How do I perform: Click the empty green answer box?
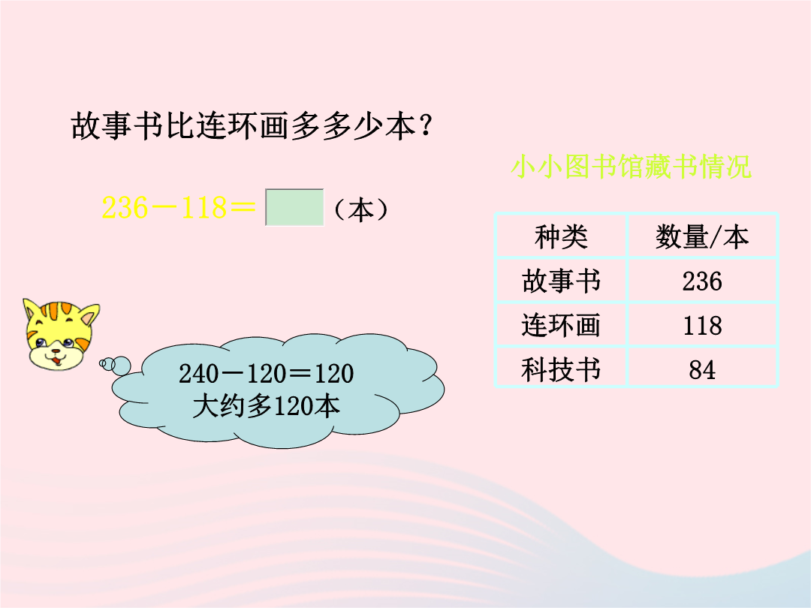[x=294, y=207]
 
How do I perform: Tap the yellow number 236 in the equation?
[x=125, y=208]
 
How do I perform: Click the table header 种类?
[x=561, y=236]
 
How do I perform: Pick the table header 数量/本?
[x=702, y=236]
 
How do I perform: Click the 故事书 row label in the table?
[x=561, y=281]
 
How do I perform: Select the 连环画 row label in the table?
[x=561, y=325]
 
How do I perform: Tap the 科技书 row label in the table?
[x=561, y=369]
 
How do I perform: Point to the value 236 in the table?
[x=702, y=281]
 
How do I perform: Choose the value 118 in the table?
[x=702, y=326]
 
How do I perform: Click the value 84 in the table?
[x=702, y=370]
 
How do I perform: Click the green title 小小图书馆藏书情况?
[x=631, y=167]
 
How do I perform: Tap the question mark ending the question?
[x=427, y=125]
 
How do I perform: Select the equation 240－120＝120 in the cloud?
[x=266, y=373]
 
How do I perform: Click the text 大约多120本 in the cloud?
[x=266, y=406]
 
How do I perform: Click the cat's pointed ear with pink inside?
[x=89, y=315]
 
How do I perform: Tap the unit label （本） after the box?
[x=360, y=209]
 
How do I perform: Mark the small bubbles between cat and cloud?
[x=115, y=365]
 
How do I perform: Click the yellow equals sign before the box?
[x=243, y=208]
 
